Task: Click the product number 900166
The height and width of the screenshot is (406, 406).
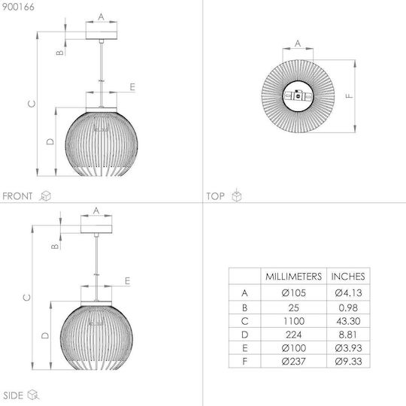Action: (18, 7)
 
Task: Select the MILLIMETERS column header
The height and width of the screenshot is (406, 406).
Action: (294, 277)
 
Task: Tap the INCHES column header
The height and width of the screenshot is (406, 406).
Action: (348, 277)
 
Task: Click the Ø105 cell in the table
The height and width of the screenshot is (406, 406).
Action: (294, 293)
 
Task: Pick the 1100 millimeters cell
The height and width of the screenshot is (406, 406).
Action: (294, 321)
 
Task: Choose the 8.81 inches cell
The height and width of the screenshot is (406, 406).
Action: (348, 335)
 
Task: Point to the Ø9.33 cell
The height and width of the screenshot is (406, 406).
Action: (348, 361)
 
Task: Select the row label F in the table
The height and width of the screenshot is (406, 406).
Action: (244, 361)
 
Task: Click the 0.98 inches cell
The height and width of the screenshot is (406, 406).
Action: (348, 308)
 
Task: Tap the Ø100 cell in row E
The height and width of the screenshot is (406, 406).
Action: (294, 348)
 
